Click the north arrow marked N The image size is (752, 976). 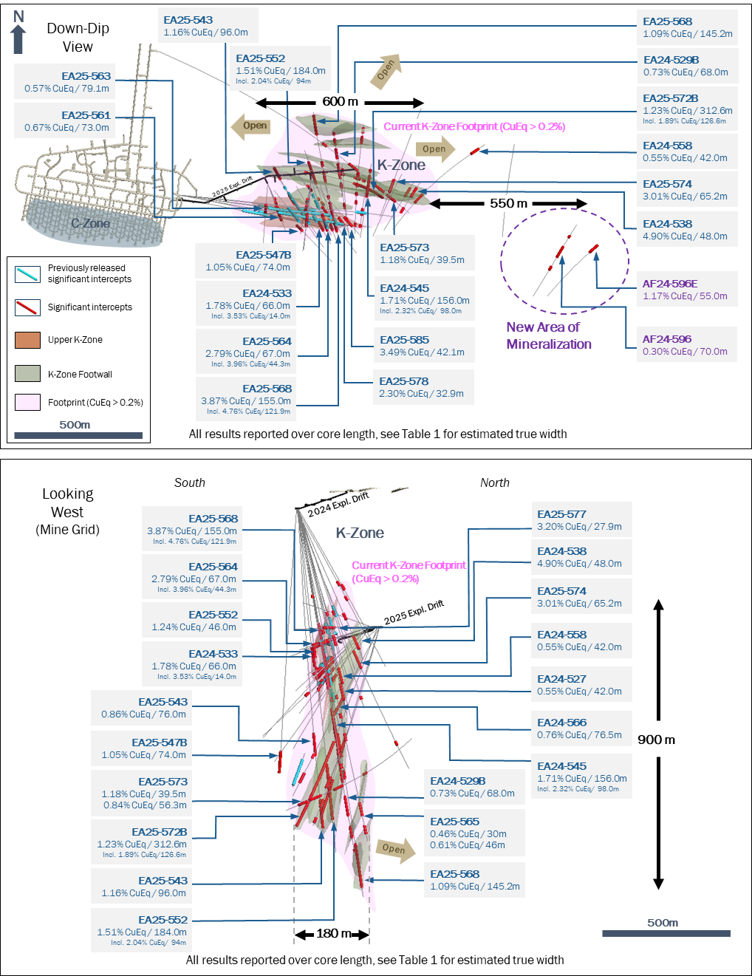click(18, 31)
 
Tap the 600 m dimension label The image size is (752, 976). click(340, 102)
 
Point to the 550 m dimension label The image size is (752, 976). click(508, 203)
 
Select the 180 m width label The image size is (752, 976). click(333, 933)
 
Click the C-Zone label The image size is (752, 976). click(90, 223)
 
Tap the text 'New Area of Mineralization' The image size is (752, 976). click(548, 335)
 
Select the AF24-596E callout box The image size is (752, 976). click(687, 289)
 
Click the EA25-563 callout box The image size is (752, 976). click(68, 81)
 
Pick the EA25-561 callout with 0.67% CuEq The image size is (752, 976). click(68, 120)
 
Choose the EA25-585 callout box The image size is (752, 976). click(424, 346)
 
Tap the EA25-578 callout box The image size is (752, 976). click(424, 387)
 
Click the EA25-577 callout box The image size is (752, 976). click(581, 520)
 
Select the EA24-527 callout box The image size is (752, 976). click(581, 684)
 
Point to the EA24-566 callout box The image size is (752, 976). click(581, 728)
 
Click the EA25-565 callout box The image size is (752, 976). click(474, 833)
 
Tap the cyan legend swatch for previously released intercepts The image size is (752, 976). click(28, 274)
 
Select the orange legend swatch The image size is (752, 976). click(28, 340)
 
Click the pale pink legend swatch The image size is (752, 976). click(28, 402)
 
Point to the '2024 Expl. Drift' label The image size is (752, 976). click(338, 505)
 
